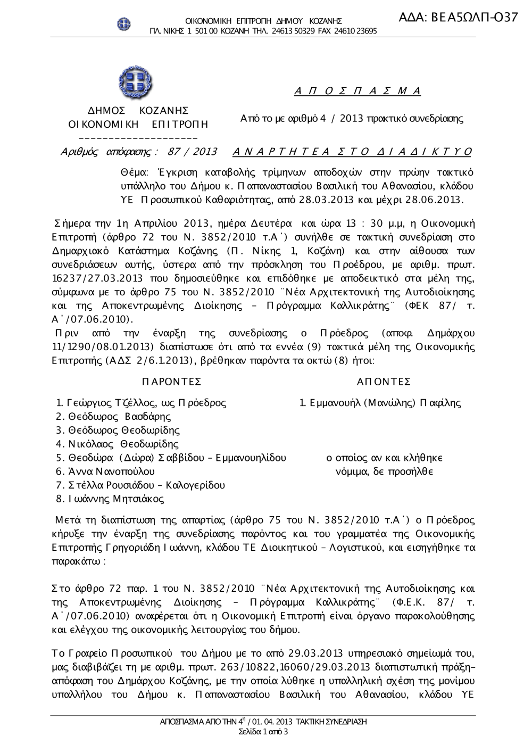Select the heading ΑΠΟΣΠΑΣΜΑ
(x=358, y=90)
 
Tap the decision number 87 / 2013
(x=192, y=152)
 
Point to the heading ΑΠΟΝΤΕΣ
(x=384, y=382)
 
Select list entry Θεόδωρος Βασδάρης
(x=119, y=417)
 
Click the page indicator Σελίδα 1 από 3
(x=263, y=732)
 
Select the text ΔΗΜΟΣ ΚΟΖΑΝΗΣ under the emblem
(x=138, y=111)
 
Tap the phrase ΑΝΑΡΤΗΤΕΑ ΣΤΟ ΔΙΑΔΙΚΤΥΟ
(x=352, y=152)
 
